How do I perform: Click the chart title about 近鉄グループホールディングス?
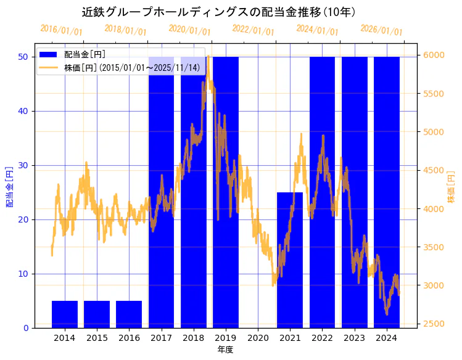click(x=219, y=12)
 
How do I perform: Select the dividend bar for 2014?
click(x=65, y=314)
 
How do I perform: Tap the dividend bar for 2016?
click(x=129, y=314)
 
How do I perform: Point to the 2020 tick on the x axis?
click(x=258, y=338)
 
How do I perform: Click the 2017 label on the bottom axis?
click(x=161, y=338)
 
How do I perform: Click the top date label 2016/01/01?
click(x=61, y=30)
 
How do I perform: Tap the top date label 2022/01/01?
click(x=253, y=30)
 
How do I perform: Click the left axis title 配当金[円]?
click(x=10, y=186)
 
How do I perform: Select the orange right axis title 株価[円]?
click(x=451, y=186)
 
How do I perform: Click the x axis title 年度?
click(x=225, y=350)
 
